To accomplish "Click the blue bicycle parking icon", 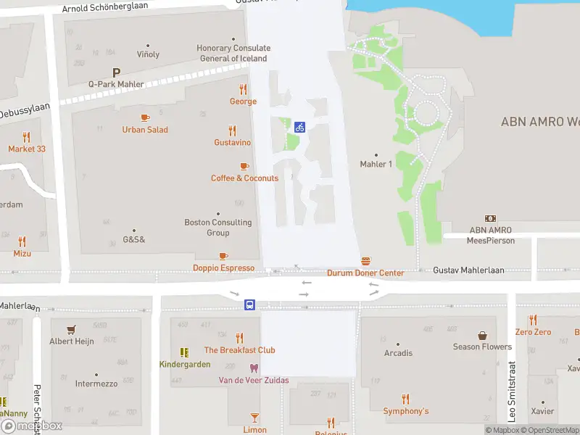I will tap(299, 127).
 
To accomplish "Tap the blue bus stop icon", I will tap(249, 305).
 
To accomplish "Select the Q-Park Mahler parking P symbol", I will tap(116, 72).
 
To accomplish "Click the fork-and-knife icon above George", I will tap(243, 89).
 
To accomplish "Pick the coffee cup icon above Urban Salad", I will tap(145, 117).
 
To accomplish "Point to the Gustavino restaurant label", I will tap(232, 143).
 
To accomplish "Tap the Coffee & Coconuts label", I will tap(244, 178).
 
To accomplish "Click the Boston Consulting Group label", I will tap(218, 228).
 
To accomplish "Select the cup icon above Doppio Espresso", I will tap(223, 256).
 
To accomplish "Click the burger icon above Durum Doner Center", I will tap(365, 261).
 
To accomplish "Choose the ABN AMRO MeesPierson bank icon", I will tap(491, 218).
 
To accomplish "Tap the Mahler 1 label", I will tap(376, 164).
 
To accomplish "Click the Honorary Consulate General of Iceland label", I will tap(232, 54).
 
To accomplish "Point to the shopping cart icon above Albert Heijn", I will tap(71, 329).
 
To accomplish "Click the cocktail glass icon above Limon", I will tap(254, 418).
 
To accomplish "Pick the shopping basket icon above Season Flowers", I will tap(482, 335).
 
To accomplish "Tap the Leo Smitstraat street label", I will tap(512, 391).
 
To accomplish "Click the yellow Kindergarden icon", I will tap(185, 352).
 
